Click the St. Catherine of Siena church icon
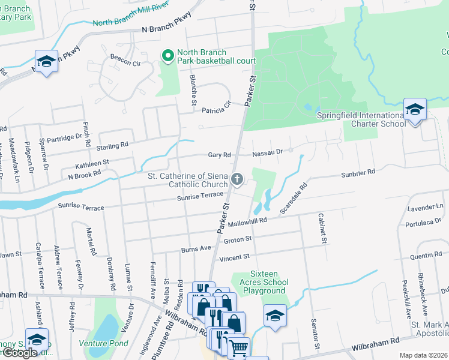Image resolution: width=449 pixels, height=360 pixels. pyautogui.click(x=238, y=178)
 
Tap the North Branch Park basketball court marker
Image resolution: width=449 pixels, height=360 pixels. pyautogui.click(x=168, y=56)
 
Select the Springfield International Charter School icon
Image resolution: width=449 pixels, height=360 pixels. pyautogui.click(x=414, y=110)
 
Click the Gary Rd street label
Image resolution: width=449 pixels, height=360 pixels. pyautogui.click(x=219, y=155)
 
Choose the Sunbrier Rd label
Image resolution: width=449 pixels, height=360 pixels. pyautogui.click(x=358, y=172)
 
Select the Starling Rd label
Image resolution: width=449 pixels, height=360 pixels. pyautogui.click(x=112, y=145)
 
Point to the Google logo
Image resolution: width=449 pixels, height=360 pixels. pyautogui.click(x=19, y=353)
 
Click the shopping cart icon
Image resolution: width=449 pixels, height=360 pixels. pyautogui.click(x=238, y=347)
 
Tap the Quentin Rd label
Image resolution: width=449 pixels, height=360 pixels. pyautogui.click(x=426, y=256)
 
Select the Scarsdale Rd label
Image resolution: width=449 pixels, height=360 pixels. pyautogui.click(x=294, y=198)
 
